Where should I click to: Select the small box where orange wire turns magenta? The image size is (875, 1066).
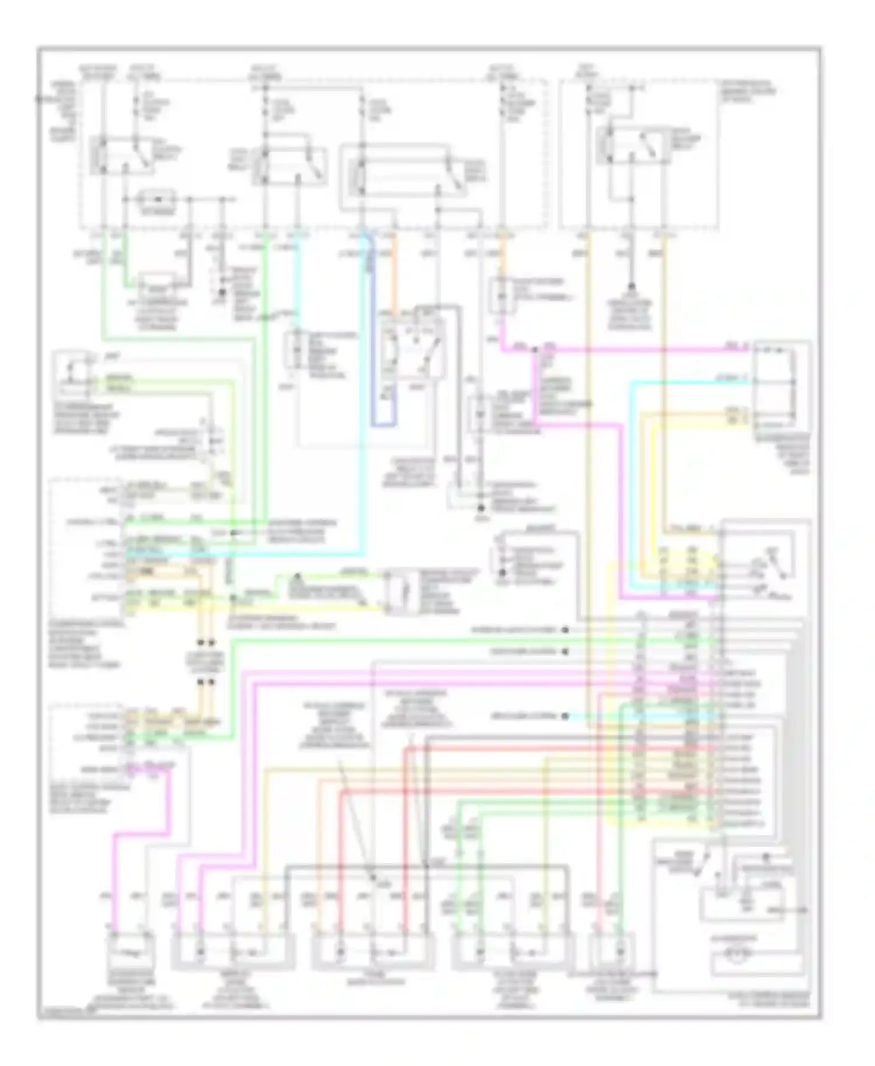(500, 295)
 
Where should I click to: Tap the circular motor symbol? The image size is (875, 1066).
(736, 955)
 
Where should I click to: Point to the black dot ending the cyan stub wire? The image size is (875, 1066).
(565, 716)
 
